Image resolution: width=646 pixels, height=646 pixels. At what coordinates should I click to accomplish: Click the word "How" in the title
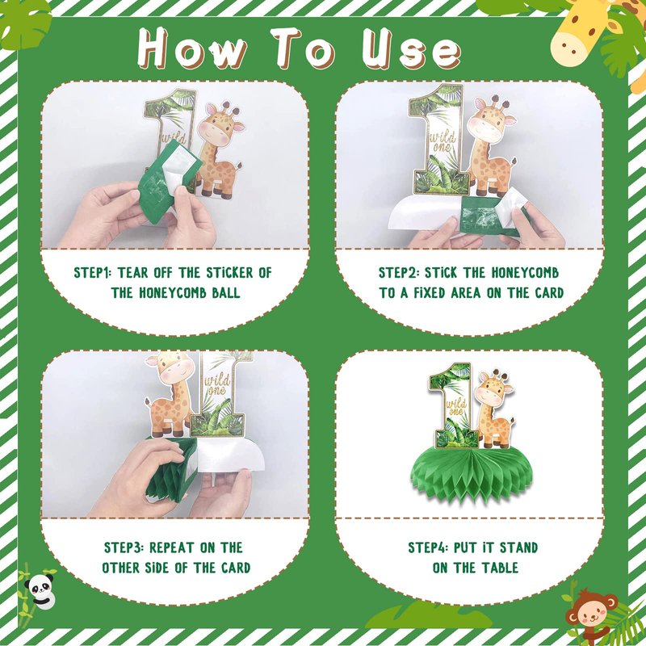point(193,48)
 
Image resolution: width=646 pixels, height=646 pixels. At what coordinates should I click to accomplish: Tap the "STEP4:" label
point(428,547)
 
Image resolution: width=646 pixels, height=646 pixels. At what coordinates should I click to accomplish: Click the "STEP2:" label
point(398,273)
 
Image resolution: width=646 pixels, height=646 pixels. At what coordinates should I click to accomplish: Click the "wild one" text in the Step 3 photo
point(217,385)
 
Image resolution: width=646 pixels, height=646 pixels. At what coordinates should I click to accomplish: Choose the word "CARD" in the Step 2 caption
point(549,293)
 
